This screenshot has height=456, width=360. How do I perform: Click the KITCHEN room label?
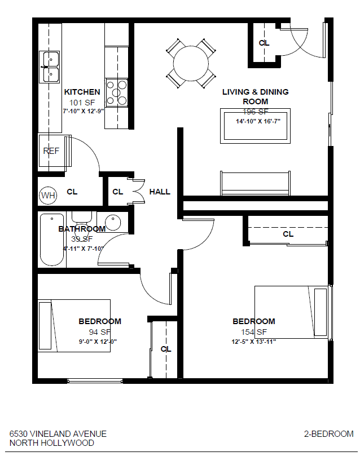pos(82,92)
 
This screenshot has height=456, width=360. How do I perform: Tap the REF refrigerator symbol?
pos(52,151)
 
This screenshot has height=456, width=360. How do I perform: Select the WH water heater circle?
pos(49,196)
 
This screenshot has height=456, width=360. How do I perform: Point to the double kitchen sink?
pos(50,66)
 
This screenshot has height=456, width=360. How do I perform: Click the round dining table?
pos(190,63)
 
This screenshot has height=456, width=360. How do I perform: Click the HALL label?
pos(160,192)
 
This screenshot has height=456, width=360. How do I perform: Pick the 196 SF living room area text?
pos(256,112)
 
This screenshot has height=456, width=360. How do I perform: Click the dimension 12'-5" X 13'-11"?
pos(253,342)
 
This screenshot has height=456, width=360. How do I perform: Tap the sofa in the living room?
pos(255,183)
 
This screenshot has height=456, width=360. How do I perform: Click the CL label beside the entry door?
pos(264,43)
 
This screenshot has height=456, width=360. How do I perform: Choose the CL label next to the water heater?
pos(72,192)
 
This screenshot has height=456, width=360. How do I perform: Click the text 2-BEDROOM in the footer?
pos(328,434)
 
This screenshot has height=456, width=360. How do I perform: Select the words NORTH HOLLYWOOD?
pos(52,443)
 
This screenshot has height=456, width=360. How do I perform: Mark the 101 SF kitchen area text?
pos(82,102)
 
